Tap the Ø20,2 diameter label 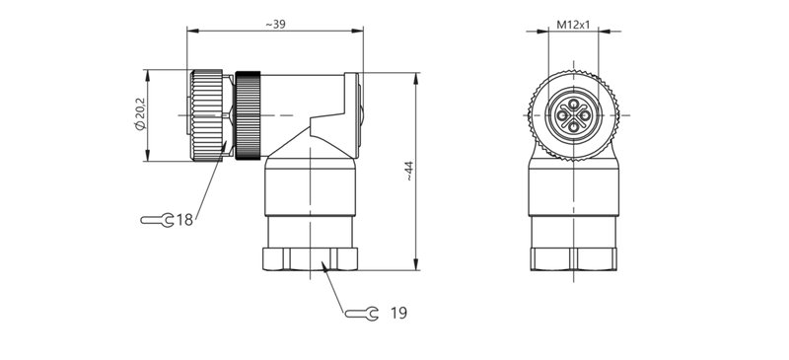coord(138,114)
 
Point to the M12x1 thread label coord(571,23)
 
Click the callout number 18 coord(184,219)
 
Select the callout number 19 coord(397,313)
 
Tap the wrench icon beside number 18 coord(157,219)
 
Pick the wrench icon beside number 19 coord(362,313)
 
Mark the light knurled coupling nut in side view coord(207,113)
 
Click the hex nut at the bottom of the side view coord(312,259)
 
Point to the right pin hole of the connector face coord(582,114)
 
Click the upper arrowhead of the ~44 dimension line coord(419,77)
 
